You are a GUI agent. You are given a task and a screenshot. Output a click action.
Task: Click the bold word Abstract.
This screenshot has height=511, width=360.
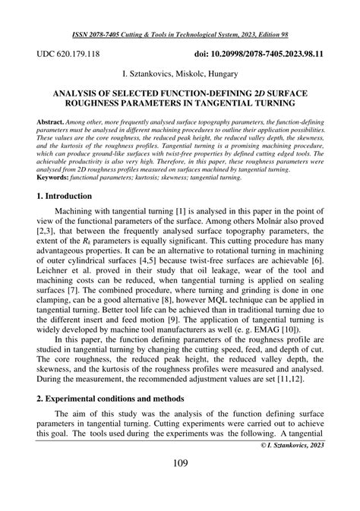point(50,121)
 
